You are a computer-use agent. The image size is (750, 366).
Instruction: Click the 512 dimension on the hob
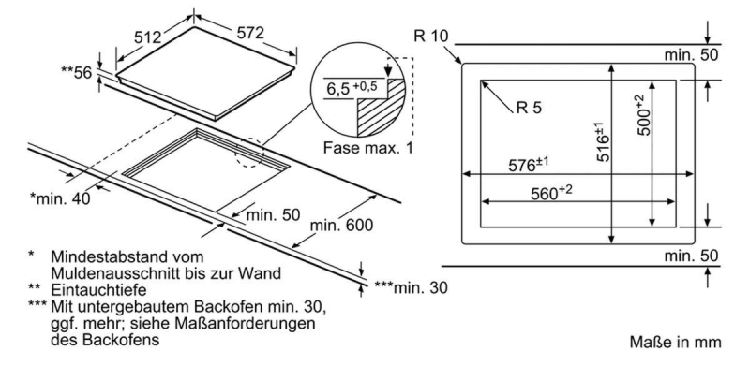pos(147,37)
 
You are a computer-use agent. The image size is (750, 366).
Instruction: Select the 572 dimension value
pos(250,33)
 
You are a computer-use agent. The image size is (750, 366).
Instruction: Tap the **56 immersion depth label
pos(76,73)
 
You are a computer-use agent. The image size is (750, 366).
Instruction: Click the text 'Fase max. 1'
pos(367,148)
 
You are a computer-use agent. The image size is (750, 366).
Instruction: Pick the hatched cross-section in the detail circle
pos(380,109)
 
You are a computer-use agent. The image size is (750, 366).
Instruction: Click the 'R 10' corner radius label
pos(431,36)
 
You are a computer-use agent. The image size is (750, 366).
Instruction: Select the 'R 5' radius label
pos(529,109)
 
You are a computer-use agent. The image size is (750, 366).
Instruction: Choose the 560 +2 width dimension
pos(551,193)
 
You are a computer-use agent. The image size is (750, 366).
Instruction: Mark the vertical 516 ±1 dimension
pos(604,142)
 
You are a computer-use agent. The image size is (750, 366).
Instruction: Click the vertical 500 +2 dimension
pos(644,115)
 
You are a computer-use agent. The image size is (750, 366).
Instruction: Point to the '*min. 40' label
pos(60,198)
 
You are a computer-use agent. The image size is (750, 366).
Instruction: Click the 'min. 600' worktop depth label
pos(341,225)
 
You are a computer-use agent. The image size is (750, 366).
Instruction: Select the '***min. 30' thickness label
pos(411,287)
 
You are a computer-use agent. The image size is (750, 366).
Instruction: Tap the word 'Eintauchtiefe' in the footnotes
pos(98,290)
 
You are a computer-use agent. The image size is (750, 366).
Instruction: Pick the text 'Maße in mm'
pos(675,342)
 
